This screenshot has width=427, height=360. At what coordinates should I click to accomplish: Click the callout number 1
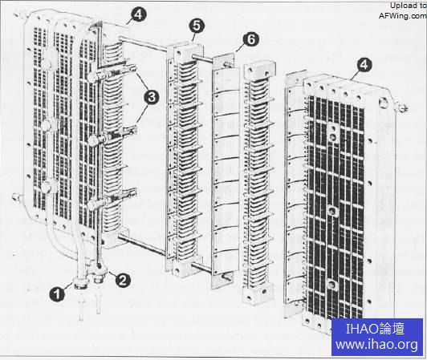(57, 294)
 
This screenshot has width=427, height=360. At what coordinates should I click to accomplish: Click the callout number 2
(123, 280)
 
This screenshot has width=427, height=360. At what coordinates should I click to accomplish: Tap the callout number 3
(152, 97)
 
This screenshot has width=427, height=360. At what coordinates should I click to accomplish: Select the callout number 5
(197, 26)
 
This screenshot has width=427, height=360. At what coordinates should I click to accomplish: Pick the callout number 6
(251, 39)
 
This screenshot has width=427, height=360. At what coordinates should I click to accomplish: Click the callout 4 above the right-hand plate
(364, 65)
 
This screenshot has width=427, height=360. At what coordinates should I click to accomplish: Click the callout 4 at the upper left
(139, 14)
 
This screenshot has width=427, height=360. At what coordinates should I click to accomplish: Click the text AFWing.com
(402, 16)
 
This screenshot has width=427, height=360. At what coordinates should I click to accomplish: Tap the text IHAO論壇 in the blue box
(375, 329)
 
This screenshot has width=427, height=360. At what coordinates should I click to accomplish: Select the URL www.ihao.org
(377, 344)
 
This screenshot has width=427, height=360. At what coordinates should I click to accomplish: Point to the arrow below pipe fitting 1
(81, 309)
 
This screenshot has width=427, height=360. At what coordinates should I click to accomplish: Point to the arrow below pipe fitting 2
(98, 302)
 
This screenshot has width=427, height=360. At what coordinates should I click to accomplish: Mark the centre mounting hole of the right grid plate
(332, 210)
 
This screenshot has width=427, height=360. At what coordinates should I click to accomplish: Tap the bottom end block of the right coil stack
(258, 293)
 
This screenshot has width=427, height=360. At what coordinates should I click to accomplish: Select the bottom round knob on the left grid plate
(49, 186)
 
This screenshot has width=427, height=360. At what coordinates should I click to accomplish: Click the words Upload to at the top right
(408, 6)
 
